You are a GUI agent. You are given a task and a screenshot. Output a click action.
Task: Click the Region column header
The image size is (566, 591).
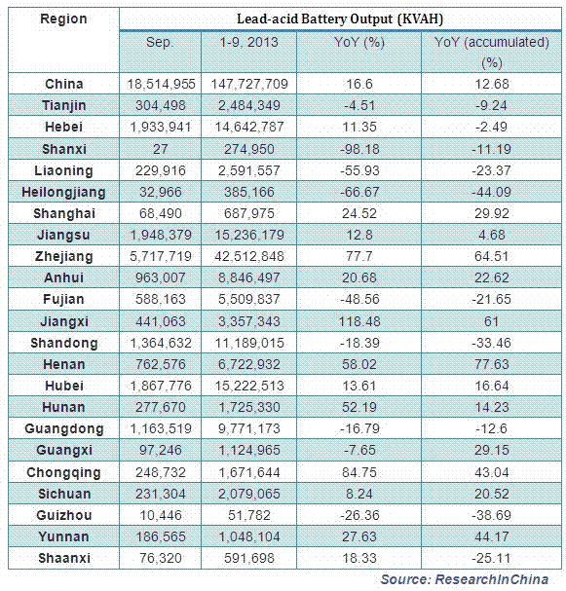pos(63,18)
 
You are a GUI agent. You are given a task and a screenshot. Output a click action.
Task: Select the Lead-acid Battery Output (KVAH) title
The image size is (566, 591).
pos(340,18)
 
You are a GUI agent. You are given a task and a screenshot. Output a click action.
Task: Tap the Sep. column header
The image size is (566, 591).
pos(161,42)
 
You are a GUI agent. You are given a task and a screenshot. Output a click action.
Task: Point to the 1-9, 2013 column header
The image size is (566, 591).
pos(248,42)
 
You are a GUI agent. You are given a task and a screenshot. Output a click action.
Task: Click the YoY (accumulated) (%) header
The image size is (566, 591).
pos(491,52)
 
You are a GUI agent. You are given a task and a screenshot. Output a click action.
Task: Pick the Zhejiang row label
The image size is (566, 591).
pos(63,257)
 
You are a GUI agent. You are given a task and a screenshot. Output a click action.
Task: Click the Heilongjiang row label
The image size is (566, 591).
pos(63,192)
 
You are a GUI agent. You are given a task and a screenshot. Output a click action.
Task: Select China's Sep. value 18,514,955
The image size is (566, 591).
pos(161,84)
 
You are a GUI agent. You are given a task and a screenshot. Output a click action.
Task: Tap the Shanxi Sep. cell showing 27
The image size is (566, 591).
pos(161,149)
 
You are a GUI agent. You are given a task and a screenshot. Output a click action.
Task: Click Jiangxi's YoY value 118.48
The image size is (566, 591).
pos(359,321)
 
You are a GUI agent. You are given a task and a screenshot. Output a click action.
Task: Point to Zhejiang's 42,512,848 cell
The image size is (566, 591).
pos(248,257)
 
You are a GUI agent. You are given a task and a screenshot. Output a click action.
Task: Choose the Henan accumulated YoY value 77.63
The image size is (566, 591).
pos(492,364)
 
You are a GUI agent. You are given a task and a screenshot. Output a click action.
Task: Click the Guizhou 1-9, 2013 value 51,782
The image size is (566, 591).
pos(248,515)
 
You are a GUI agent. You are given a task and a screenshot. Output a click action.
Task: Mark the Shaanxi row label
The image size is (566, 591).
pos(64,558)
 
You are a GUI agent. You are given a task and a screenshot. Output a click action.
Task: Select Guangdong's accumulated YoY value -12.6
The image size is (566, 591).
pos(491,429)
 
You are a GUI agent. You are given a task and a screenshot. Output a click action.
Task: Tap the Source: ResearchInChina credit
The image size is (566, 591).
pos(465,579)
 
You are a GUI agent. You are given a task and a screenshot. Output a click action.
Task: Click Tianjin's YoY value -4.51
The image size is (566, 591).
pos(359,105)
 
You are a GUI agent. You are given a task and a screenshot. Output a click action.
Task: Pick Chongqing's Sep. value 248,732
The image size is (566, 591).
pos(161,472)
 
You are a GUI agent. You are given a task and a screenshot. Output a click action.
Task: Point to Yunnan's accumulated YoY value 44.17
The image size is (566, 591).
pos(492,536)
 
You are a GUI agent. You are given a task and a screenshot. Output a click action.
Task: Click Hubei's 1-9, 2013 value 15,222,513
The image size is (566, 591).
pos(248,386)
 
